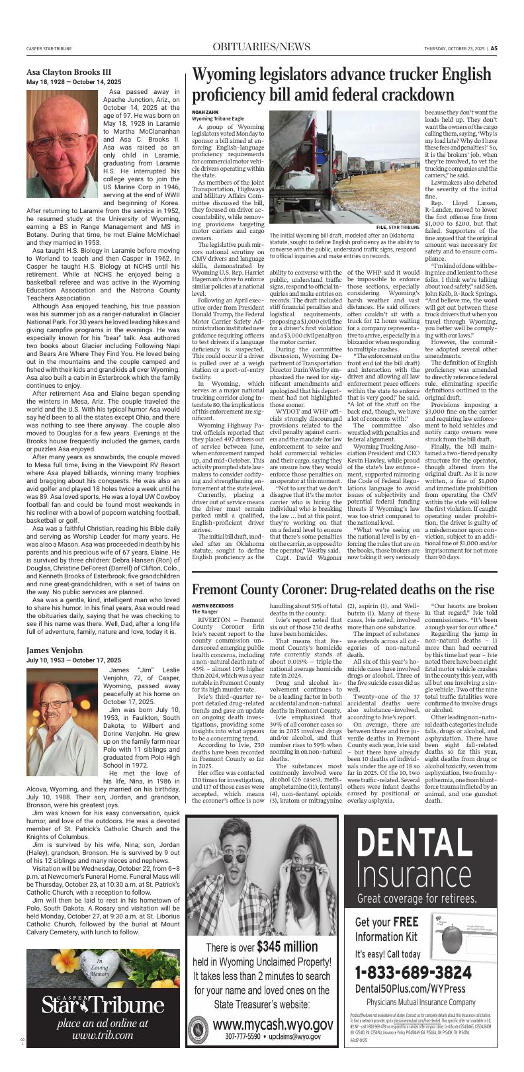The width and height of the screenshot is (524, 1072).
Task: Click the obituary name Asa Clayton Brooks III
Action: pyautogui.click(x=69, y=72)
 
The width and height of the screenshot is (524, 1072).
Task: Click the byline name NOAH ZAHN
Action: pyautogui.click(x=204, y=112)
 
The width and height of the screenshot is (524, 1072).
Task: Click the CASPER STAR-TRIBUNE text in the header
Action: pyautogui.click(x=50, y=48)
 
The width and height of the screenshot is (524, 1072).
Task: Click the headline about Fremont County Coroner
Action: pyautogui.click(x=343, y=571)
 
